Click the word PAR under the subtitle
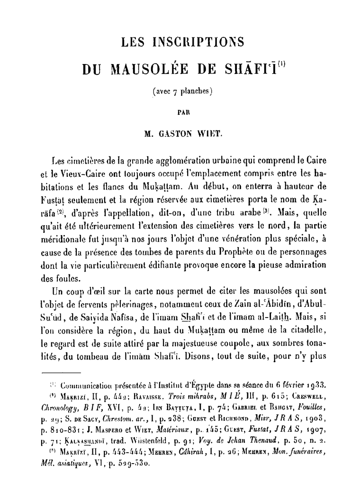click(180, 113)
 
